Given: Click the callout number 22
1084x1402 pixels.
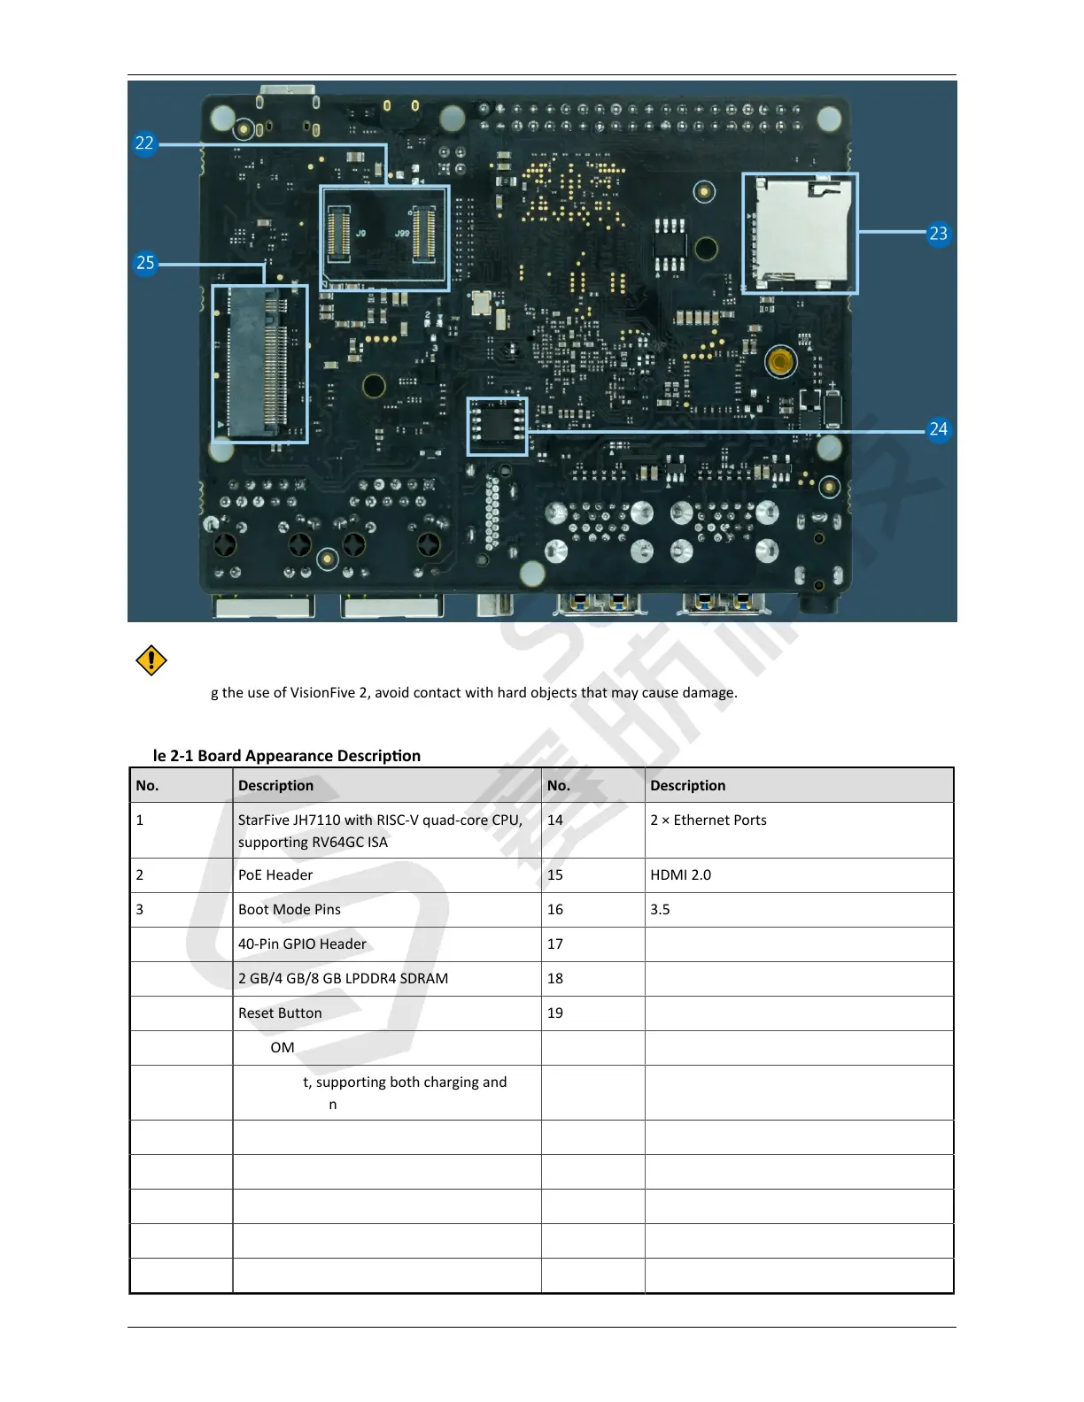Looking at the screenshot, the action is pyautogui.click(x=144, y=143).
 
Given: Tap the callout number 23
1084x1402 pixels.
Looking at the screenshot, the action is pyautogui.click(x=938, y=234).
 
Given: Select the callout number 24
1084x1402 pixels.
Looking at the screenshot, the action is pyautogui.click(x=938, y=429).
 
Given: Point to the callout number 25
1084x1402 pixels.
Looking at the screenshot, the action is pyautogui.click(x=145, y=263).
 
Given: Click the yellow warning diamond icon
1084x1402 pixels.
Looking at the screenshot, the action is pyautogui.click(x=151, y=660).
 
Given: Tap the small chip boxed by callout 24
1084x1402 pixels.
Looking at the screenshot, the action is pyautogui.click(x=497, y=425).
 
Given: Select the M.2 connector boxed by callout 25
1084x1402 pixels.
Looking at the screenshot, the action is pyautogui.click(x=259, y=363).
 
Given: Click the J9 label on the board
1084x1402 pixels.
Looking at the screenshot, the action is pyautogui.click(x=361, y=234).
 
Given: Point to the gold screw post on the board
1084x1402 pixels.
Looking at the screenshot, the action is pyautogui.click(x=780, y=361).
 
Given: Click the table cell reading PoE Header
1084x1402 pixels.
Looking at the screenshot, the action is pyautogui.click(x=275, y=875).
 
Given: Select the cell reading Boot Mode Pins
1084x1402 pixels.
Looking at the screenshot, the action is pyautogui.click(x=289, y=910).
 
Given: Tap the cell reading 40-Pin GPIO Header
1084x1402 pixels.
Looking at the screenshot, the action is pyautogui.click(x=302, y=944).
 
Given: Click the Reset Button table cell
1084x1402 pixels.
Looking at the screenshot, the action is pyautogui.click(x=280, y=1013).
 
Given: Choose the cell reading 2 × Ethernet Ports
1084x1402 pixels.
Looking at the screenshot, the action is pyautogui.click(x=708, y=820).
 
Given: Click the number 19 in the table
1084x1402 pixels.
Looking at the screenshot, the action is pyautogui.click(x=555, y=1013).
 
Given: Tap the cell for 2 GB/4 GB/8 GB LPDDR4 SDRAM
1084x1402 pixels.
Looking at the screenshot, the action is pyautogui.click(x=343, y=979).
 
